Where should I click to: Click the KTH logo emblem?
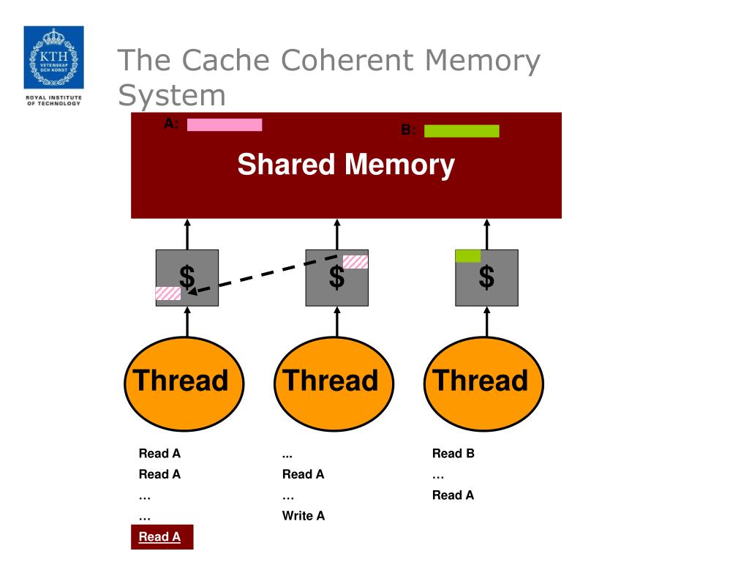coord(53,57)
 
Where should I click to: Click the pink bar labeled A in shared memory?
coord(225,124)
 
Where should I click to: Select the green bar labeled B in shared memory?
coord(462,131)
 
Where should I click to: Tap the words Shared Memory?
coord(346,165)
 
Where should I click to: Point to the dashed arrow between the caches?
coord(267,274)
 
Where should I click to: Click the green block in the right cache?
coord(468,255)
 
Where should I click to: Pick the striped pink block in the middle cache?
coord(355,262)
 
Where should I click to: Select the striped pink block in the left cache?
coord(168,293)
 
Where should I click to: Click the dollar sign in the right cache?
coord(486,277)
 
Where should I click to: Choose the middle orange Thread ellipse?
coord(334,383)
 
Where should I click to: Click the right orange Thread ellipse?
coord(483,383)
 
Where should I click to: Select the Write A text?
coord(304,516)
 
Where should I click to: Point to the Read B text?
coord(453,454)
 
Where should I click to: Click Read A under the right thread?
coord(453,495)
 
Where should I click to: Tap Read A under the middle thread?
coord(304,474)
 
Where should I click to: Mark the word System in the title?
coord(173,96)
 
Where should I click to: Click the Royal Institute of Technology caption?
coord(53,100)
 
